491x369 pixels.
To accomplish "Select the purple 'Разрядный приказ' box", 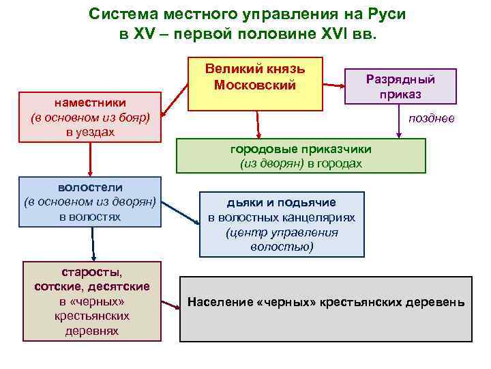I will [x=400, y=86].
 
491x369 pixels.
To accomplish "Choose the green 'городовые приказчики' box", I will [x=301, y=156].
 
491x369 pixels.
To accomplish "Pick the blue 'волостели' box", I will [x=91, y=202].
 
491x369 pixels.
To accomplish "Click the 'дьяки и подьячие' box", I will [x=282, y=224].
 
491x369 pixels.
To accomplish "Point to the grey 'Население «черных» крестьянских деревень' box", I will [x=325, y=308].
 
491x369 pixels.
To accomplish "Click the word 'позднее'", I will [x=431, y=119].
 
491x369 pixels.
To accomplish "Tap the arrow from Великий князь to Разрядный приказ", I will [x=333, y=84].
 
